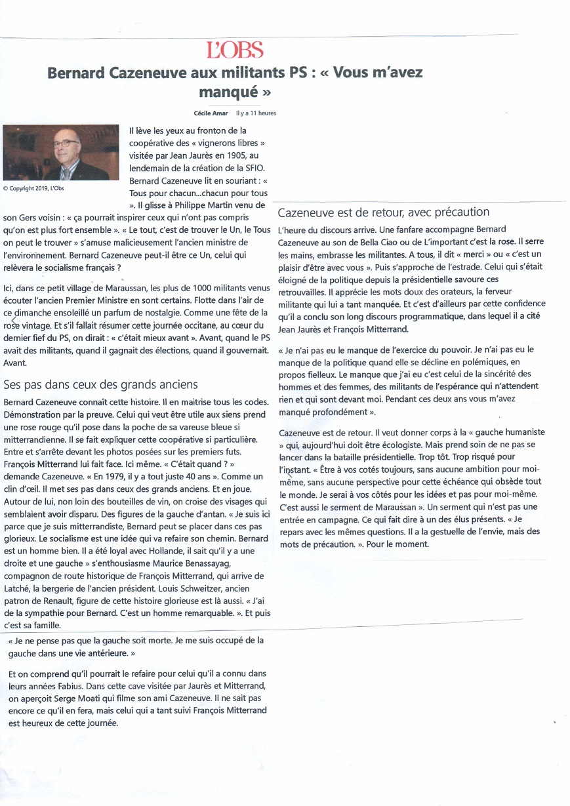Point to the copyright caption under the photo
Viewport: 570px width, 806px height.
[33, 188]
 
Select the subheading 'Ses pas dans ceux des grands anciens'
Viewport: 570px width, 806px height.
[100, 384]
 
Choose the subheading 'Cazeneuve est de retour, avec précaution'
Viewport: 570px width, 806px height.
[384, 212]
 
